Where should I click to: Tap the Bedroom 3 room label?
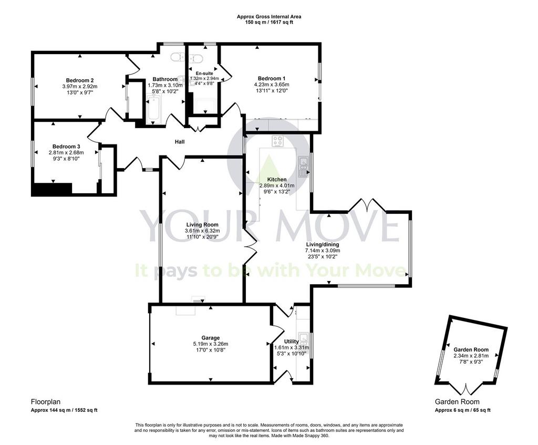click(x=66, y=147)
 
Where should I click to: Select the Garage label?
click(x=211, y=338)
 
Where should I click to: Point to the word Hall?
click(x=180, y=142)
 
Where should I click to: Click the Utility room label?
click(x=291, y=341)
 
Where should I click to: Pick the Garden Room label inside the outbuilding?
click(x=471, y=349)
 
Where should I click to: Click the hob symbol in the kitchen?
click(x=277, y=141)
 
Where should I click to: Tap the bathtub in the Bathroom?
click(x=153, y=109)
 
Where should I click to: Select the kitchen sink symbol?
click(x=303, y=167)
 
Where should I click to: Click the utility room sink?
click(x=303, y=339)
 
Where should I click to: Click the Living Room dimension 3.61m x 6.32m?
click(x=202, y=231)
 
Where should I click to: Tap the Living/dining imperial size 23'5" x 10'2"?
click(x=323, y=256)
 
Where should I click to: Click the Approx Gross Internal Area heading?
click(x=269, y=16)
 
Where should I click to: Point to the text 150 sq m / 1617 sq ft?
click(x=269, y=22)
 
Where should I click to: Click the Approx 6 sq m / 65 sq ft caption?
click(x=462, y=410)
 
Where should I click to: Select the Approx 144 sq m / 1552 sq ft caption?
click(x=64, y=410)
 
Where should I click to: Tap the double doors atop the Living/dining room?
click(x=367, y=205)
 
